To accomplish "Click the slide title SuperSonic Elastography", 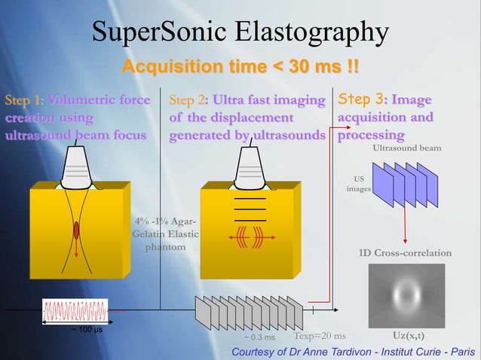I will click(x=240, y=32).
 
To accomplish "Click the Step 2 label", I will click(x=188, y=100).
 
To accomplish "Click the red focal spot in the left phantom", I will click(x=75, y=230).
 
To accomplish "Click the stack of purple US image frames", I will click(x=406, y=186).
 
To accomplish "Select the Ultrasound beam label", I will click(x=407, y=148).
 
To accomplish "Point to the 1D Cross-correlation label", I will click(x=406, y=253).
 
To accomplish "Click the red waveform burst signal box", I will click(x=75, y=310).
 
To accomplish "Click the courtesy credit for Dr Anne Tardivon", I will click(x=354, y=352).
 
